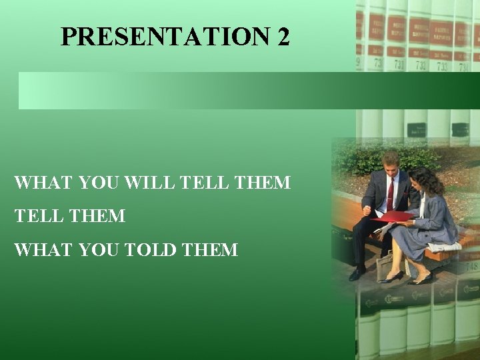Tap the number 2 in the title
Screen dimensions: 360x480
283,37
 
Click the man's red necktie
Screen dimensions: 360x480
390,193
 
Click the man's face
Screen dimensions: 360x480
391,163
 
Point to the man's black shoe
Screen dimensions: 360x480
358,273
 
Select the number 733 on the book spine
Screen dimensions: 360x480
441,65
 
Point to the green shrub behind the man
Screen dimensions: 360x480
360,160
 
